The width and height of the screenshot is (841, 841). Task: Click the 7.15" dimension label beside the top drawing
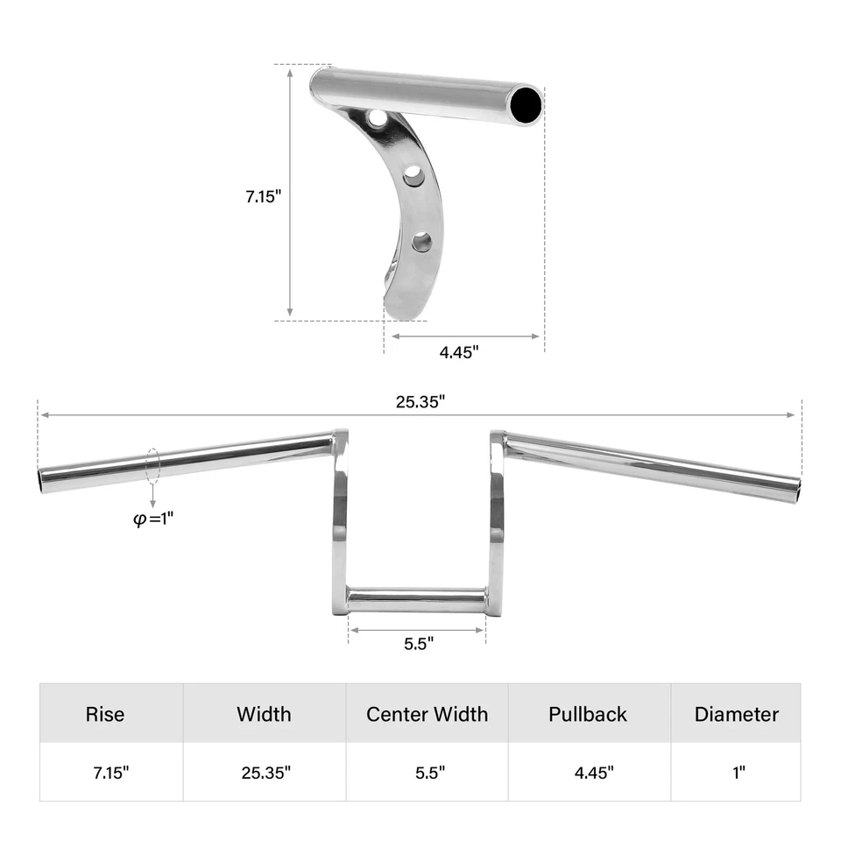pyautogui.click(x=263, y=197)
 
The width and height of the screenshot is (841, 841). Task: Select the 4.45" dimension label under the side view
pyautogui.click(x=459, y=352)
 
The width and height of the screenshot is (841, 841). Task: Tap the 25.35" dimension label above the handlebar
pyautogui.click(x=420, y=402)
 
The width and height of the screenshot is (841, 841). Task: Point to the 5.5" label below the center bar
pyautogui.click(x=419, y=644)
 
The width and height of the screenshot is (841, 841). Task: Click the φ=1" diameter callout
pyautogui.click(x=153, y=518)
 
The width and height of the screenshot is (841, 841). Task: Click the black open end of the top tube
pyautogui.click(x=527, y=104)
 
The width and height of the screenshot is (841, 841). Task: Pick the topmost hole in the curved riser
pyautogui.click(x=377, y=117)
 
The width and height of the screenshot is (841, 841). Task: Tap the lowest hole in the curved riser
pyautogui.click(x=422, y=241)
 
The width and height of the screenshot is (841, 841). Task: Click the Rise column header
pyautogui.click(x=105, y=714)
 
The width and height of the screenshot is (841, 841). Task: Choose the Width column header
pyautogui.click(x=264, y=714)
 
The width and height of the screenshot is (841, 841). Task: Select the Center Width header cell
pyautogui.click(x=427, y=714)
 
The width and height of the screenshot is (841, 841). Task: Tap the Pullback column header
pyautogui.click(x=588, y=714)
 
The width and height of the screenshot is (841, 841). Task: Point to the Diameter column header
pyautogui.click(x=736, y=714)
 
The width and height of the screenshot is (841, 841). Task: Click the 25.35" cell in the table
pyautogui.click(x=266, y=773)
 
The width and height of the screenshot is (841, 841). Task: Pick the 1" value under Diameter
pyautogui.click(x=739, y=773)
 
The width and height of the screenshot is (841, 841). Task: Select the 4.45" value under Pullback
pyautogui.click(x=594, y=773)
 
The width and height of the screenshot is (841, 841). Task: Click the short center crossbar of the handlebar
pyautogui.click(x=417, y=601)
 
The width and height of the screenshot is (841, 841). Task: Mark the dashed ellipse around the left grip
pyautogui.click(x=154, y=465)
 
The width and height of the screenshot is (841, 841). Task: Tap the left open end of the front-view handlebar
pyautogui.click(x=43, y=481)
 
